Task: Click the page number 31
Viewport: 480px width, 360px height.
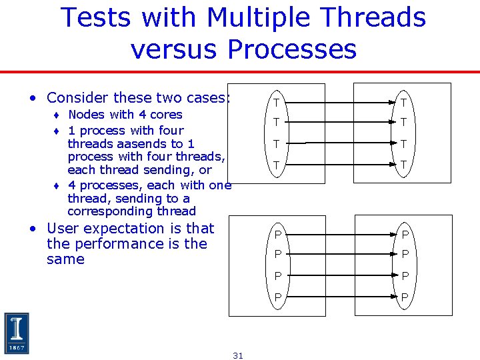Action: pyautogui.click(x=238, y=355)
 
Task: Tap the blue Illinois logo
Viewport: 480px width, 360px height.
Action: pyautogui.click(x=17, y=333)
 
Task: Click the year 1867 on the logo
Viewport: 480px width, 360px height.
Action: pyautogui.click(x=17, y=347)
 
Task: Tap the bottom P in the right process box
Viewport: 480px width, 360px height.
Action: pyautogui.click(x=405, y=297)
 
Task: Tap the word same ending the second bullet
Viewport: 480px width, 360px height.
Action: pyautogui.click(x=65, y=259)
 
